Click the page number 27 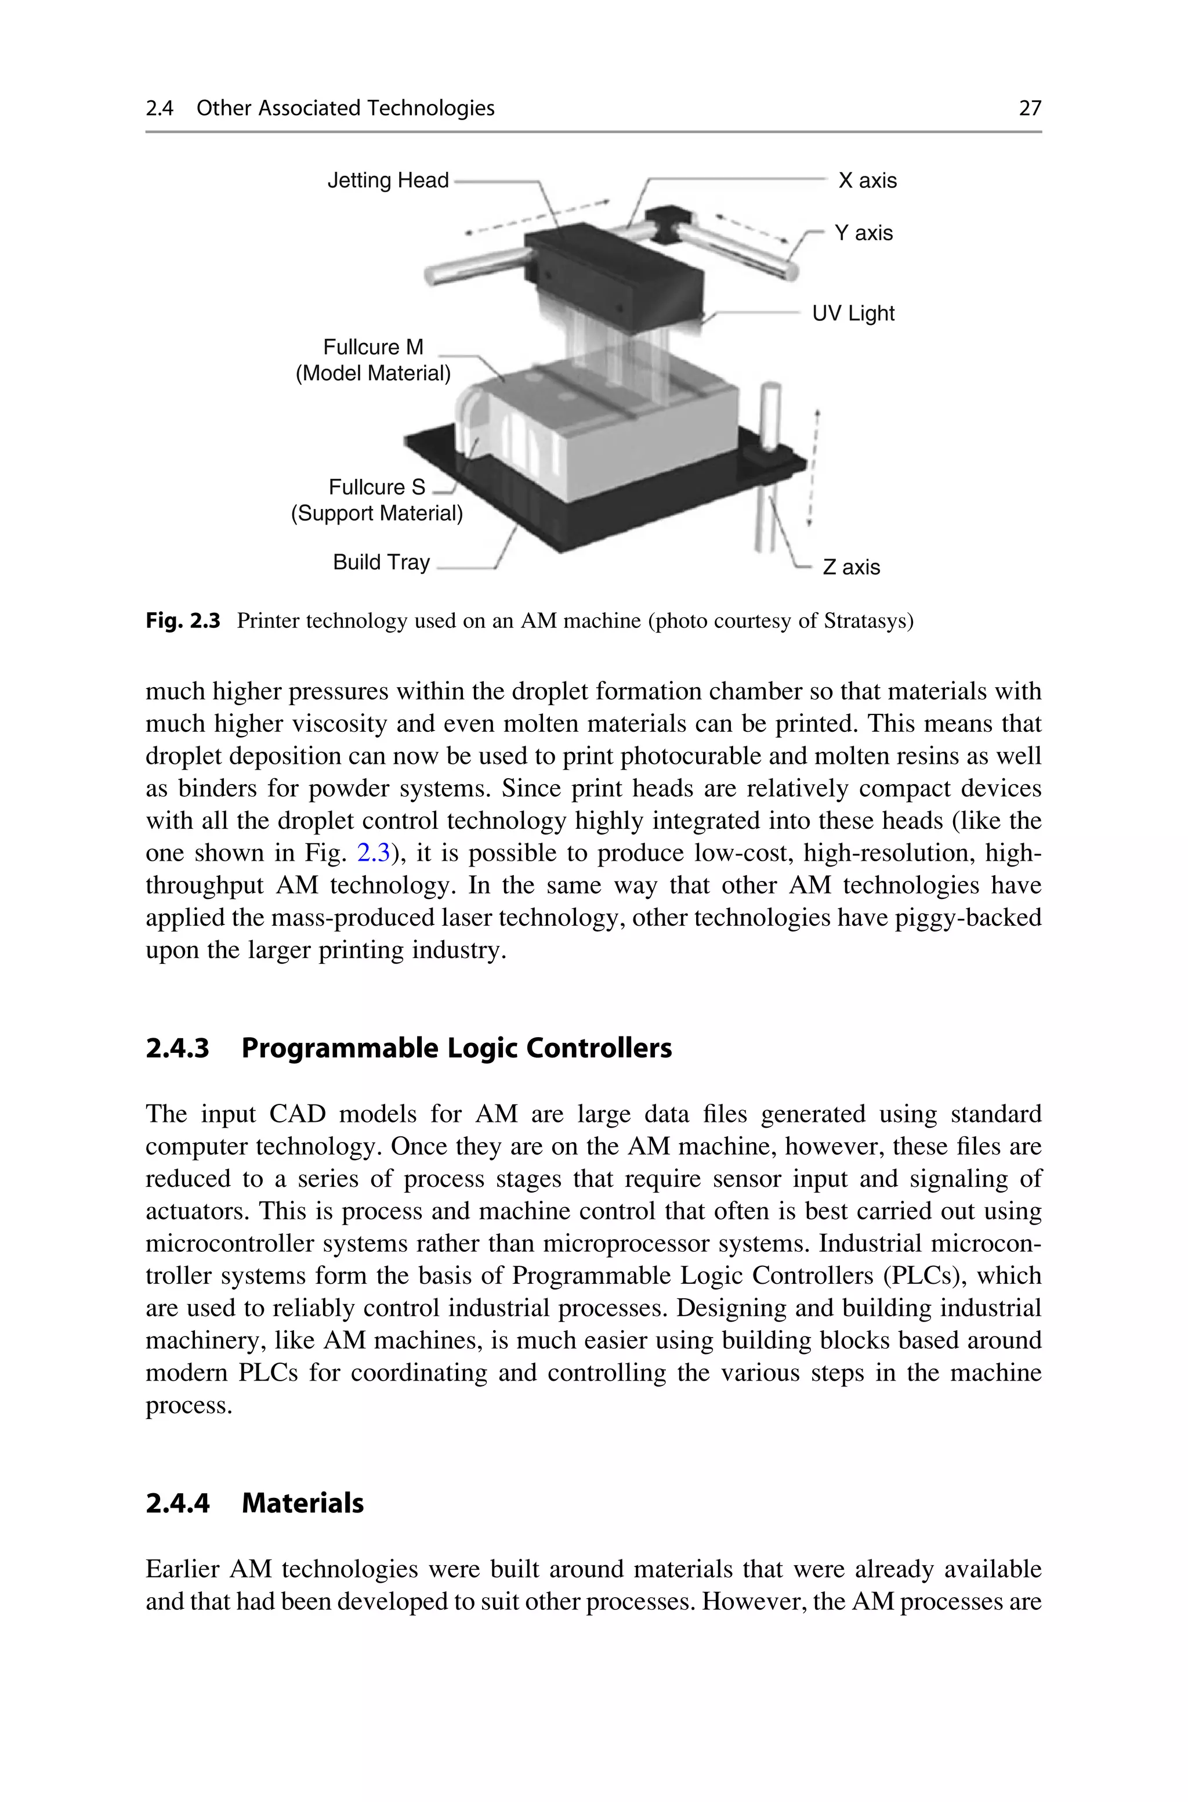(x=1030, y=109)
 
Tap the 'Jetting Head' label (x=388, y=180)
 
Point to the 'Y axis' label (x=863, y=233)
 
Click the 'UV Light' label (x=853, y=313)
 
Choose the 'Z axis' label (x=851, y=567)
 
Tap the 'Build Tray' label (x=381, y=562)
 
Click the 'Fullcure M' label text (x=373, y=347)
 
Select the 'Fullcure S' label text (x=376, y=486)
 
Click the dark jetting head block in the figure (x=614, y=269)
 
